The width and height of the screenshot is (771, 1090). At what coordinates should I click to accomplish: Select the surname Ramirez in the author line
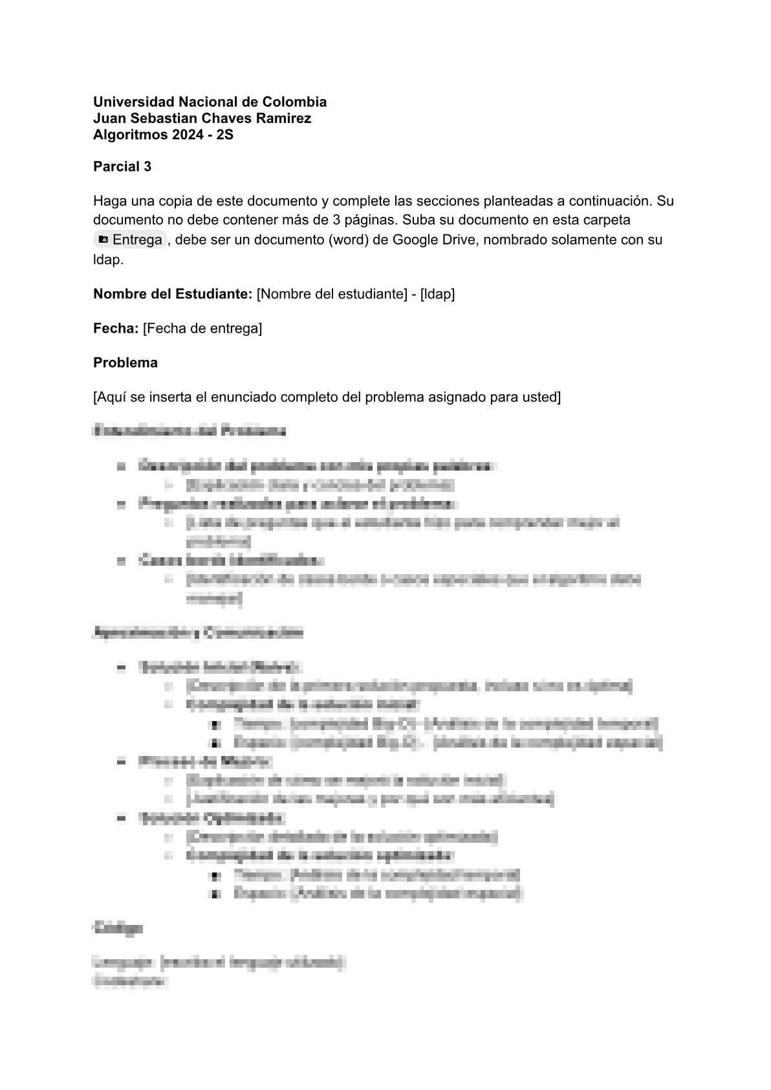[x=284, y=118]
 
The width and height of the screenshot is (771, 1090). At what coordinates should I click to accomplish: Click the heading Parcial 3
[x=122, y=166]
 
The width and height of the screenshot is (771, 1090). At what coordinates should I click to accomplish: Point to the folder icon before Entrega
[x=103, y=240]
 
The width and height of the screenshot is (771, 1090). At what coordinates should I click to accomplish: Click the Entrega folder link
[x=137, y=240]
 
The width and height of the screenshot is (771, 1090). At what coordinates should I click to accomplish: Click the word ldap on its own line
[x=106, y=260]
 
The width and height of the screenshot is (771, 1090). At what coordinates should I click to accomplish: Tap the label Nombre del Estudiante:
[x=173, y=294]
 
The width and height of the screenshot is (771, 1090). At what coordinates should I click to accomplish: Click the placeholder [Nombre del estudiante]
[x=331, y=294]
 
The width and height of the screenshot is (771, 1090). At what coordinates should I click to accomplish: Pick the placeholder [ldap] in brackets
[x=437, y=294]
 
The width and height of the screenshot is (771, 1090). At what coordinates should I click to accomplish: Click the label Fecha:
[x=116, y=328]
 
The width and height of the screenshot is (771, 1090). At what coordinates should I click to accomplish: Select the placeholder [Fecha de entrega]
[x=202, y=328]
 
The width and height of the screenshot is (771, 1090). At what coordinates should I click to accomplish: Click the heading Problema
[x=125, y=362]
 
